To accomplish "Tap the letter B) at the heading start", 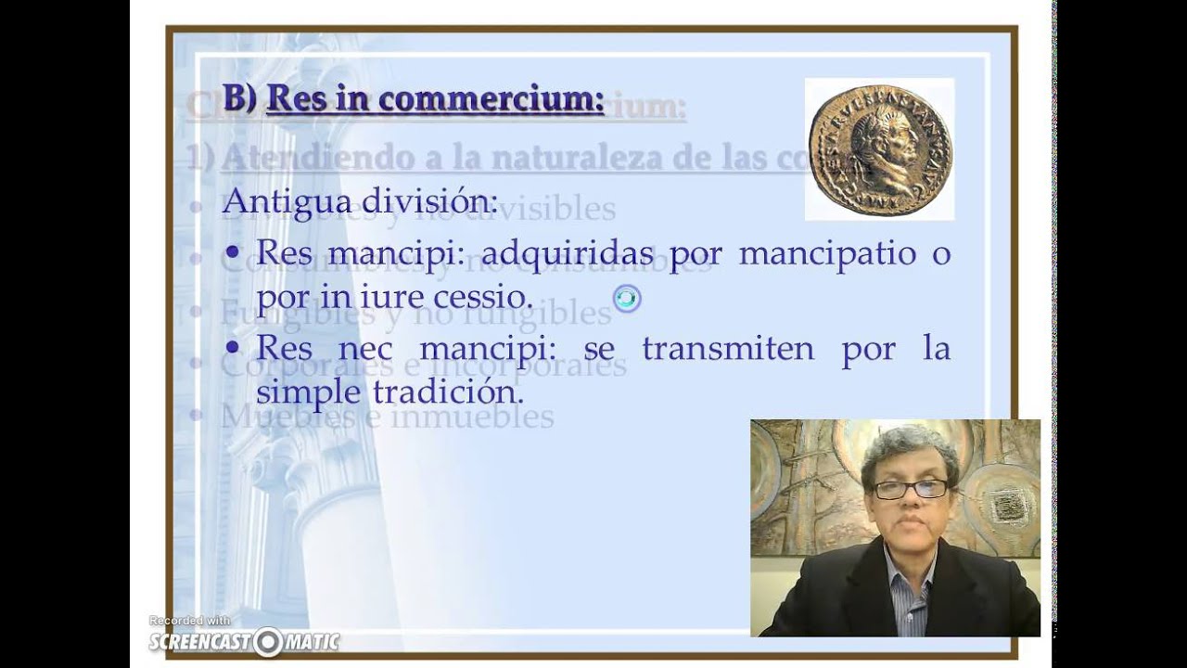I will (x=239, y=97).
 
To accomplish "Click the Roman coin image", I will (x=877, y=148).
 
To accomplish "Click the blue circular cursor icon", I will (x=627, y=298).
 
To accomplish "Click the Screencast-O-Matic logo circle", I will (x=267, y=640).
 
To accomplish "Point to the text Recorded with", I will (x=190, y=621).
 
